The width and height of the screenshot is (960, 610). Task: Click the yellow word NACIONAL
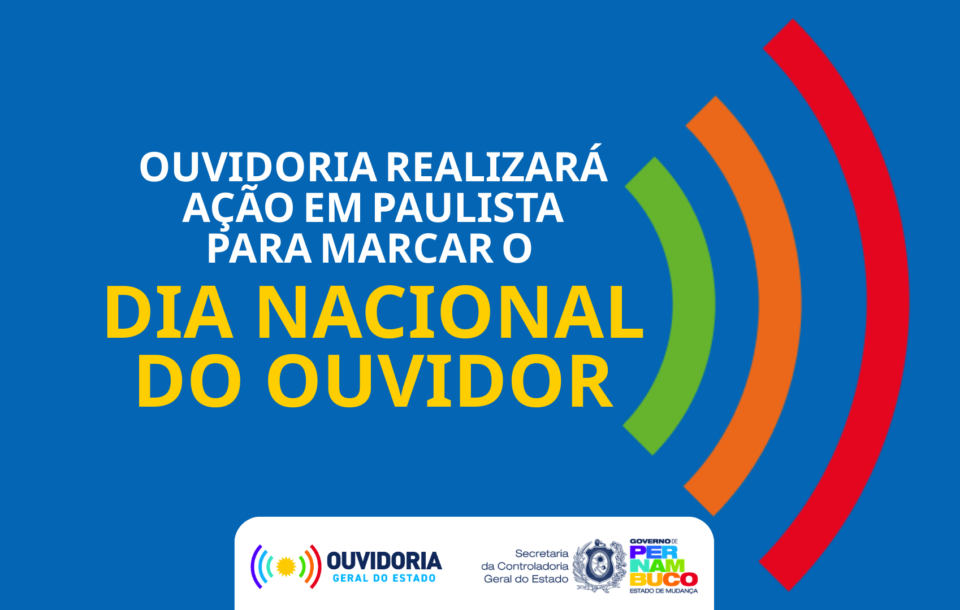coord(450,312)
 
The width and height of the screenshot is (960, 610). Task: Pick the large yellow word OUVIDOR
coord(440,381)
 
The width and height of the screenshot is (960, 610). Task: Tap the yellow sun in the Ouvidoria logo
coord(286,567)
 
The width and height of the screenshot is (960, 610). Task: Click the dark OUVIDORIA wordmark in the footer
coord(384,561)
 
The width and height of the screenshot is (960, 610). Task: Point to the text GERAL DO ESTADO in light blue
coord(384,578)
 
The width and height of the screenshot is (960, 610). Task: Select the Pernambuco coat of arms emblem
coord(599,566)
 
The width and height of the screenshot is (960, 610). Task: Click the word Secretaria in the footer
coord(542,554)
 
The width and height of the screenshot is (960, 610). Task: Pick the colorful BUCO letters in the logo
coord(664,579)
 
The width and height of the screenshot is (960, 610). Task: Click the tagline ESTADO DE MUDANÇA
coord(663,591)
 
